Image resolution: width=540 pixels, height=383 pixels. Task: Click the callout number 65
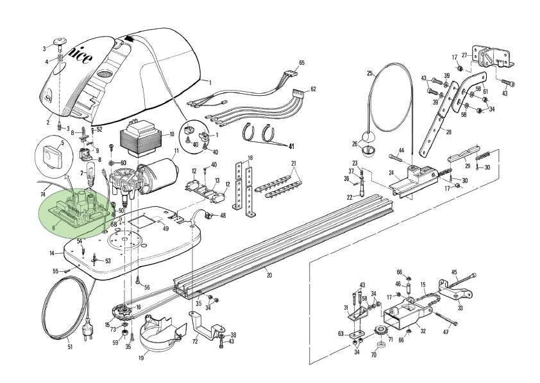(301, 62)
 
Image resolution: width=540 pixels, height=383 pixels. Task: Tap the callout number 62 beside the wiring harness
(313, 89)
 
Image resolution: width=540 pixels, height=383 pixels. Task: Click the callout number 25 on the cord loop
(370, 73)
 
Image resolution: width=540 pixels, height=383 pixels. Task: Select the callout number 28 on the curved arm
(448, 132)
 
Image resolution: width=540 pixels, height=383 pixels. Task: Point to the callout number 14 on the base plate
(52, 253)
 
